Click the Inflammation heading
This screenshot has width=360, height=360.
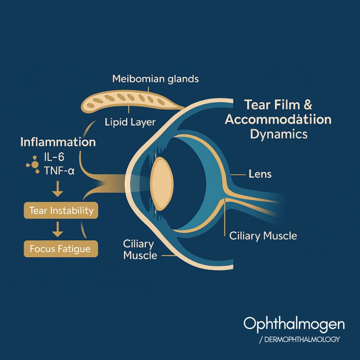tap(58, 142)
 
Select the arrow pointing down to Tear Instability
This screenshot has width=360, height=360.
tap(57, 192)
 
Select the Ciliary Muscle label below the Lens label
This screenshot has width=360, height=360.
tap(263, 235)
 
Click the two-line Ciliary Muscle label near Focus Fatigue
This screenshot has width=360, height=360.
tap(140, 250)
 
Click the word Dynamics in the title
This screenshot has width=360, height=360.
tap(279, 134)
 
